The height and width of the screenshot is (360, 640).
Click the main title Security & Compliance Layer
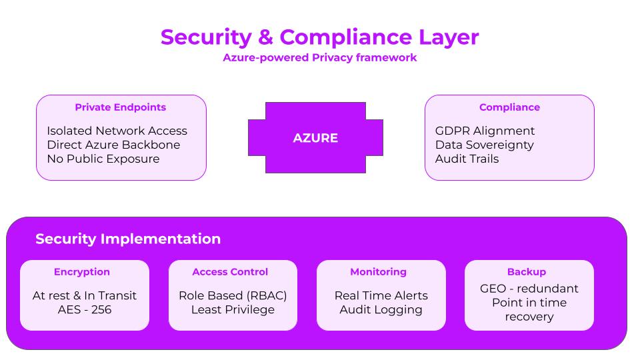coord(319,37)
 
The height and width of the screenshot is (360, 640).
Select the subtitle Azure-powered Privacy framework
coord(319,57)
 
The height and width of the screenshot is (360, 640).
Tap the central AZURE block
coord(315,137)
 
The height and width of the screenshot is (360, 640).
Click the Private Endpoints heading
coord(121,107)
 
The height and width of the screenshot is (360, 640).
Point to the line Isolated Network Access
coord(117,131)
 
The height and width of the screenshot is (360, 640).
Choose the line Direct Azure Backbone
coord(113,145)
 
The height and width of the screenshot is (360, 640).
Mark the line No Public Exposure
coord(103,159)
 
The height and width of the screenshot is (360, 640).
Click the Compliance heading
coord(509,107)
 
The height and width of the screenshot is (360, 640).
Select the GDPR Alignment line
coord(485,131)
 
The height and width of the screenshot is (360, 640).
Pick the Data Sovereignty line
coord(485,145)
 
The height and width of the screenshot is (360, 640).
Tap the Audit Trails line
coord(467,159)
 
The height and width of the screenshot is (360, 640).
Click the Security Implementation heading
coord(128,239)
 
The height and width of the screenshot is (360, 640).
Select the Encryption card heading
coord(81,272)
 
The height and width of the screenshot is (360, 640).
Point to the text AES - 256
coord(85,309)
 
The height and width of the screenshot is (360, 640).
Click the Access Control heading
coord(230,272)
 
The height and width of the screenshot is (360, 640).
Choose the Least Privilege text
coord(233,310)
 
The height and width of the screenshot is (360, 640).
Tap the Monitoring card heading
coord(379,272)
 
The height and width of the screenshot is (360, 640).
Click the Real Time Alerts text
coord(381,295)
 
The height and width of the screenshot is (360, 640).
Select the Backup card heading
coord(527,272)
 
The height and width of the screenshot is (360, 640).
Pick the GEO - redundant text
coord(529,289)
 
